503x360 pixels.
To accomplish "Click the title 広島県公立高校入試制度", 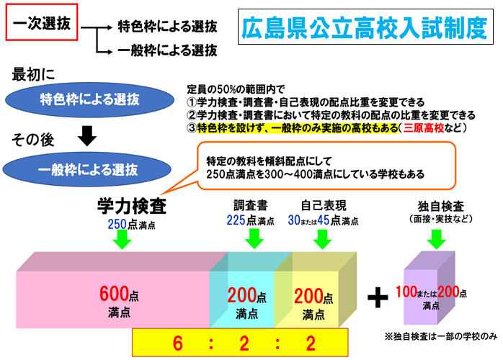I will click(x=364, y=29).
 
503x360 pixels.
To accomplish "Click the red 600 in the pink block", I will click(x=114, y=294).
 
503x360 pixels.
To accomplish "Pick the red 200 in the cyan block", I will click(x=241, y=294).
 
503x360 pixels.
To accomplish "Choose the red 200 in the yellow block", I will click(x=308, y=294).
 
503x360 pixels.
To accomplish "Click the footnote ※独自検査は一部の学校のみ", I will click(x=441, y=336).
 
